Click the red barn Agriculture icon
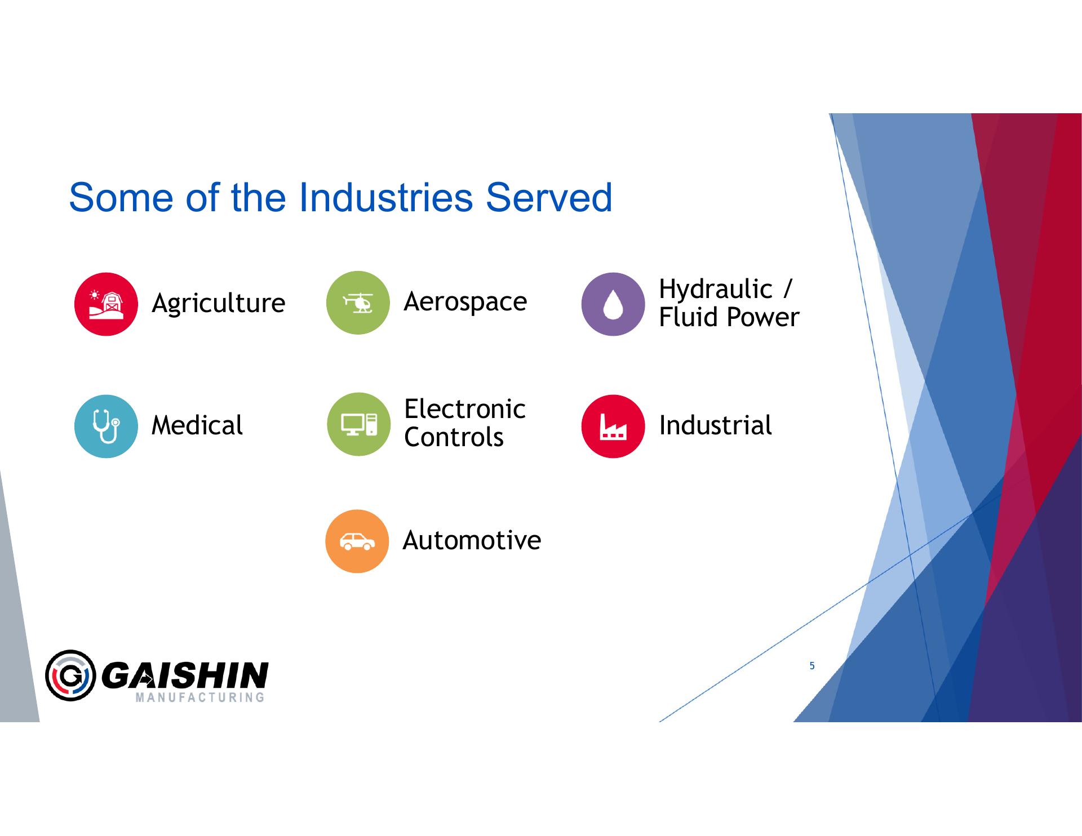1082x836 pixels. pyautogui.click(x=106, y=304)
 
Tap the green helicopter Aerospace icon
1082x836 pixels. pyautogui.click(x=358, y=303)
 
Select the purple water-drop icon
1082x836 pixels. pyautogui.click(x=613, y=304)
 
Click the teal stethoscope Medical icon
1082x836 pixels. pyautogui.click(x=106, y=426)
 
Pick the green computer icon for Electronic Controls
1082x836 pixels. pyautogui.click(x=358, y=424)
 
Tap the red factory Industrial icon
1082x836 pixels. pyautogui.click(x=613, y=426)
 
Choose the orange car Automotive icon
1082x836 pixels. pyautogui.click(x=357, y=541)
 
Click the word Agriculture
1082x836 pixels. pyautogui.click(x=219, y=304)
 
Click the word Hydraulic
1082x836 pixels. pyautogui.click(x=716, y=290)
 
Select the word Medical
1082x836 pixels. pyautogui.click(x=197, y=425)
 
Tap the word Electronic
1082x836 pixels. pyautogui.click(x=465, y=409)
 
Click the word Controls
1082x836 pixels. pyautogui.click(x=454, y=437)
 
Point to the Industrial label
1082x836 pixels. pyautogui.click(x=716, y=425)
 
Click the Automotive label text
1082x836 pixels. pyautogui.click(x=472, y=540)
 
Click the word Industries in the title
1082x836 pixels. pyautogui.click(x=386, y=198)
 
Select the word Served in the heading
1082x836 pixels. pyautogui.click(x=549, y=198)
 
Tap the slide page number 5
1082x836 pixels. pyautogui.click(x=812, y=666)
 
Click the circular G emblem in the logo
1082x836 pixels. pyautogui.click(x=70, y=675)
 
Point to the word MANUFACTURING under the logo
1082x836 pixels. pyautogui.click(x=200, y=697)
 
